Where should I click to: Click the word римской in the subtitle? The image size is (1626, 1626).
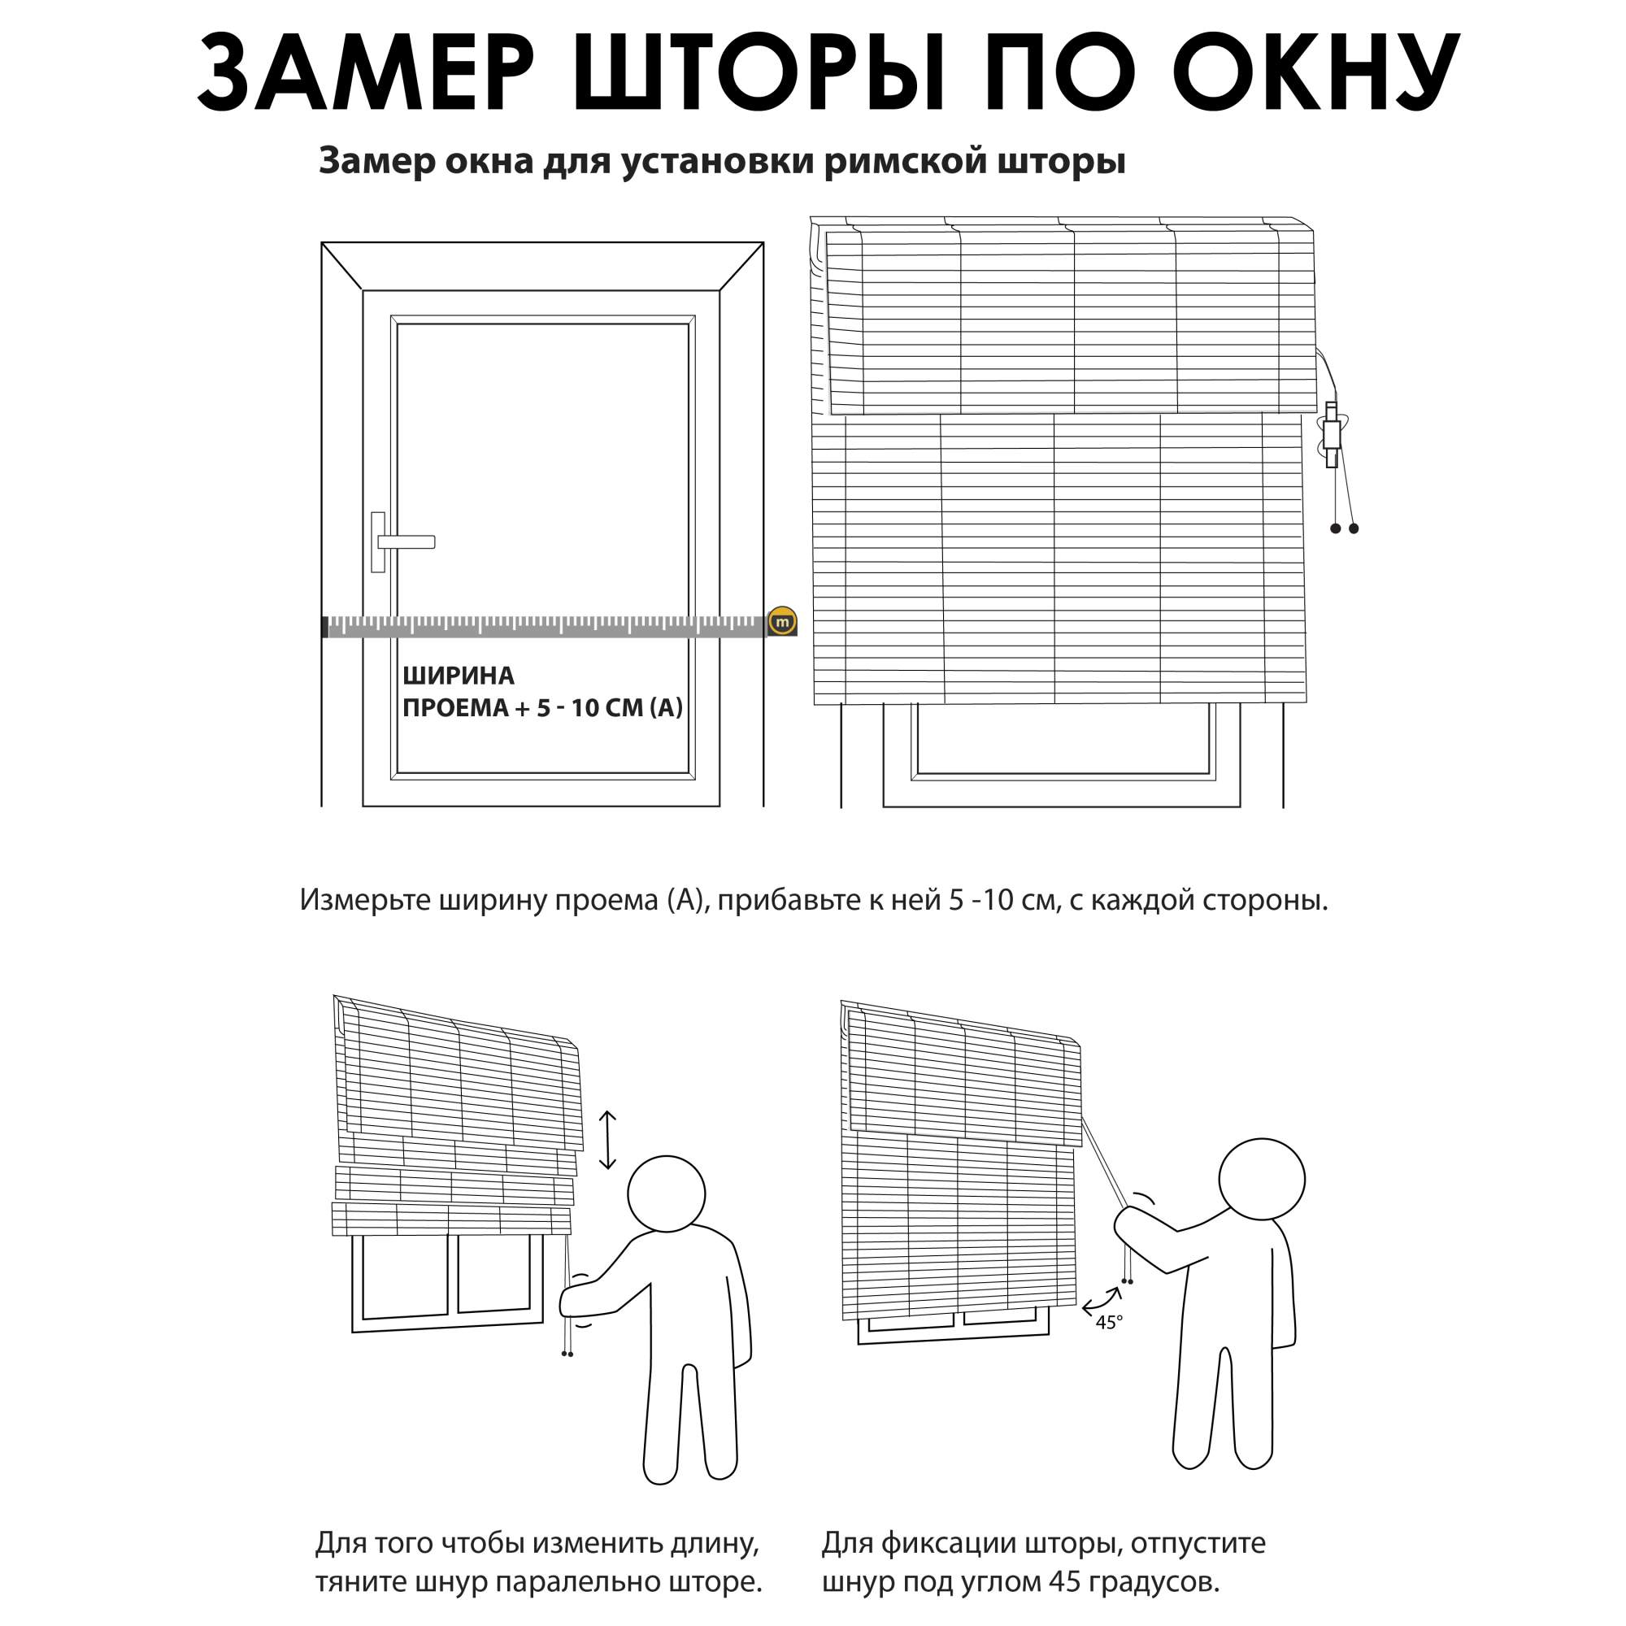point(903,161)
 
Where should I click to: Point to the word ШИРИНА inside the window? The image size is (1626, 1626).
point(458,676)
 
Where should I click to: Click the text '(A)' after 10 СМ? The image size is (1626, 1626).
point(666,708)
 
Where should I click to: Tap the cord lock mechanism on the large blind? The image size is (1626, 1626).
point(1331,433)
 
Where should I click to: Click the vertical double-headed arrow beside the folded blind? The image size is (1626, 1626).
point(607,1141)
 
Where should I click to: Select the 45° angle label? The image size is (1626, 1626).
point(1108,1323)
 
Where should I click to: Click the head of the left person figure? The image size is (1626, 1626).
point(667,1194)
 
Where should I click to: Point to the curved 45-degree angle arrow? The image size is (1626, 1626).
point(1101,1301)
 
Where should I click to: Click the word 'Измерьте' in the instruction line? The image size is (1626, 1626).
point(364,901)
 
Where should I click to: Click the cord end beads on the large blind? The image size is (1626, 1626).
point(1344,528)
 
